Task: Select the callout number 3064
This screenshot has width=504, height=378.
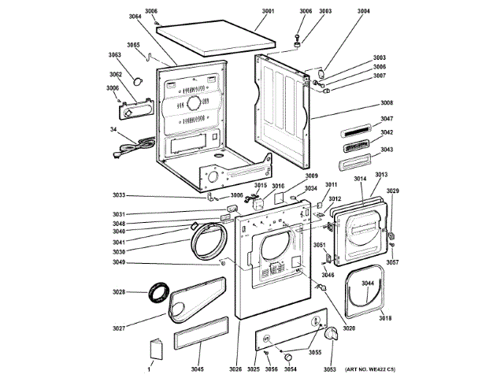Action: click(x=135, y=16)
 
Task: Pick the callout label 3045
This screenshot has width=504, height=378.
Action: click(x=197, y=369)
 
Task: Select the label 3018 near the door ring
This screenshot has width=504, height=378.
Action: click(x=385, y=317)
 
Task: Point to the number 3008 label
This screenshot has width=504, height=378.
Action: click(x=387, y=103)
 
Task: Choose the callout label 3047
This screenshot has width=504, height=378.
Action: click(x=387, y=119)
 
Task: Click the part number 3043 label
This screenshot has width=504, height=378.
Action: click(x=387, y=149)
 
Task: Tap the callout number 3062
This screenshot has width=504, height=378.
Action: click(x=115, y=75)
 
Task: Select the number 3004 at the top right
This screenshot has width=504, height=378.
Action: click(x=362, y=11)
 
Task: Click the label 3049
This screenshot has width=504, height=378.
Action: click(x=119, y=262)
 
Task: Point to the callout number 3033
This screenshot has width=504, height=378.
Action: click(x=119, y=195)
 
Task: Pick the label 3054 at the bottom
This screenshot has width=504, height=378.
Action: click(x=290, y=369)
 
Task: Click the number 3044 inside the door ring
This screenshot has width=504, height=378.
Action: click(x=368, y=283)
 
